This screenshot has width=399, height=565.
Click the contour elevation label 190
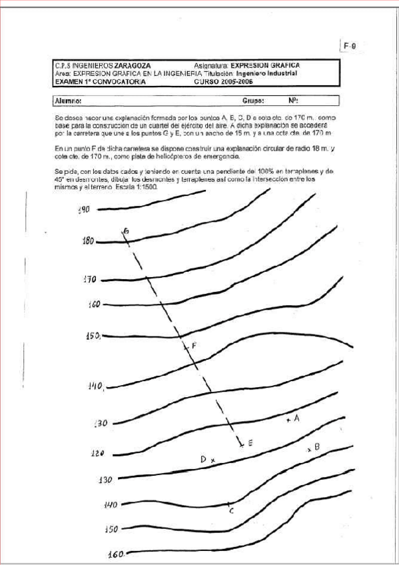pyautogui.click(x=83, y=210)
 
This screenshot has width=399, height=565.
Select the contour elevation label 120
pyautogui.click(x=97, y=453)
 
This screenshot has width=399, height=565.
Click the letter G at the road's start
pyautogui.click(x=126, y=231)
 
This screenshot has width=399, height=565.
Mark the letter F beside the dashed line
pyautogui.click(x=194, y=345)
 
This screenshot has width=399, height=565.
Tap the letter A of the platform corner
pyautogui.click(x=297, y=418)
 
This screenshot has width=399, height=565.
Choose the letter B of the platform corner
pyautogui.click(x=317, y=446)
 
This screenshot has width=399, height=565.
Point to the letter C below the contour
pyautogui.click(x=230, y=511)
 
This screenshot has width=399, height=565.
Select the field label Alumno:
pyautogui.click(x=68, y=101)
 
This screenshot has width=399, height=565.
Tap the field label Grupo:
pyautogui.click(x=254, y=101)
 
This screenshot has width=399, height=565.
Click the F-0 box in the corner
pyautogui.click(x=350, y=45)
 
